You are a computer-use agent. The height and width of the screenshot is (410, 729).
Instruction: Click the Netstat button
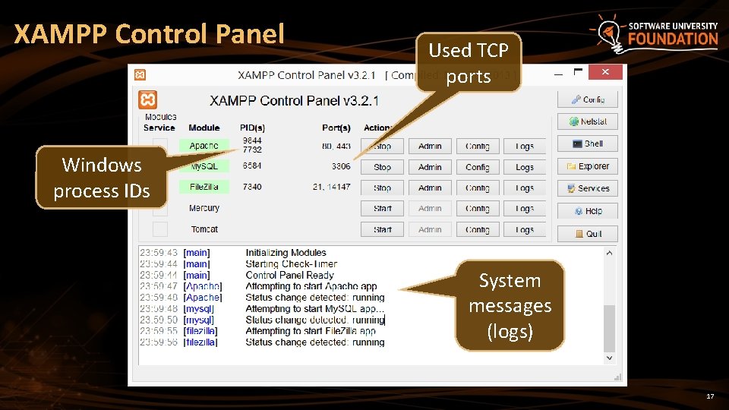point(587,121)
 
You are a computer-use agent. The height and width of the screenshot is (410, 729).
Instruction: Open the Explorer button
point(587,166)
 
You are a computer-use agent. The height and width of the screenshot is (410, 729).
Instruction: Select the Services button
point(587,188)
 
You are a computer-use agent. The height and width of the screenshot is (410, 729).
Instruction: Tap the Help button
point(587,211)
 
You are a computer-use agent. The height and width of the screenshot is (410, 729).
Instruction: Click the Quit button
point(587,234)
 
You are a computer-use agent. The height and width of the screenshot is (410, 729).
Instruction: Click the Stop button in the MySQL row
point(383,167)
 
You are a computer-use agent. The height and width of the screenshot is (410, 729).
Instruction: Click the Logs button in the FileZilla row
point(525,188)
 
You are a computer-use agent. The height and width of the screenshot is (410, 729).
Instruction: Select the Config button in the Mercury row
point(478,208)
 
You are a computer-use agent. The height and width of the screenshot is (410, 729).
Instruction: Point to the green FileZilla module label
point(204,187)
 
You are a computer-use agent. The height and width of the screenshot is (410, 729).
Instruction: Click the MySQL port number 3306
point(341,166)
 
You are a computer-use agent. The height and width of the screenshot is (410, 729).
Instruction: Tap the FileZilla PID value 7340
point(252,187)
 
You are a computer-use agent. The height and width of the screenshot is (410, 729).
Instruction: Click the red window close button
point(605,72)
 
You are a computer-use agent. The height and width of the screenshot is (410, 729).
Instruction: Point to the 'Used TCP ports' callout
point(469,62)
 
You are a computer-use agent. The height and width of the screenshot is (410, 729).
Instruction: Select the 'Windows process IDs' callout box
point(101,178)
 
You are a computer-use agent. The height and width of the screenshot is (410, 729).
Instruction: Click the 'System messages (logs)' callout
point(510,306)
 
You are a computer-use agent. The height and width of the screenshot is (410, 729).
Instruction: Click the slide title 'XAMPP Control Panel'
point(149,34)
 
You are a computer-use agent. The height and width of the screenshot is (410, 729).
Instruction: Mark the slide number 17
point(710,397)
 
